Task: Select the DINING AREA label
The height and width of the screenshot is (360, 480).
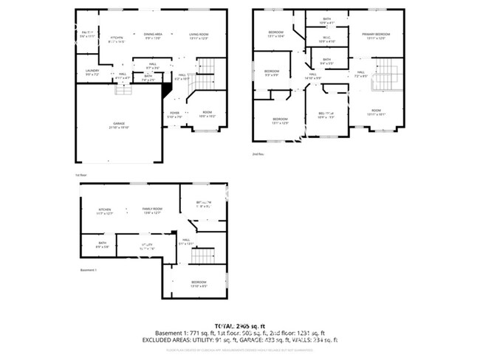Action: click(x=154, y=35)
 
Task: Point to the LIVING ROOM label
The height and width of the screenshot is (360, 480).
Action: click(x=198, y=35)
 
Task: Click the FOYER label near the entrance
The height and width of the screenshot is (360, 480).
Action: click(x=174, y=114)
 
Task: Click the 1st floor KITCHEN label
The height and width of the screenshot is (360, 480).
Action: click(x=117, y=39)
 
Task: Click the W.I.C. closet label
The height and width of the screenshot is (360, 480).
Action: click(x=326, y=39)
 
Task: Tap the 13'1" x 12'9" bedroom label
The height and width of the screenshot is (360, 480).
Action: click(x=280, y=120)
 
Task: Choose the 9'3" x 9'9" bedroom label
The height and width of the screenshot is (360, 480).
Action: click(x=272, y=72)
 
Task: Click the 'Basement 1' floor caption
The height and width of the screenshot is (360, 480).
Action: click(x=89, y=270)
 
